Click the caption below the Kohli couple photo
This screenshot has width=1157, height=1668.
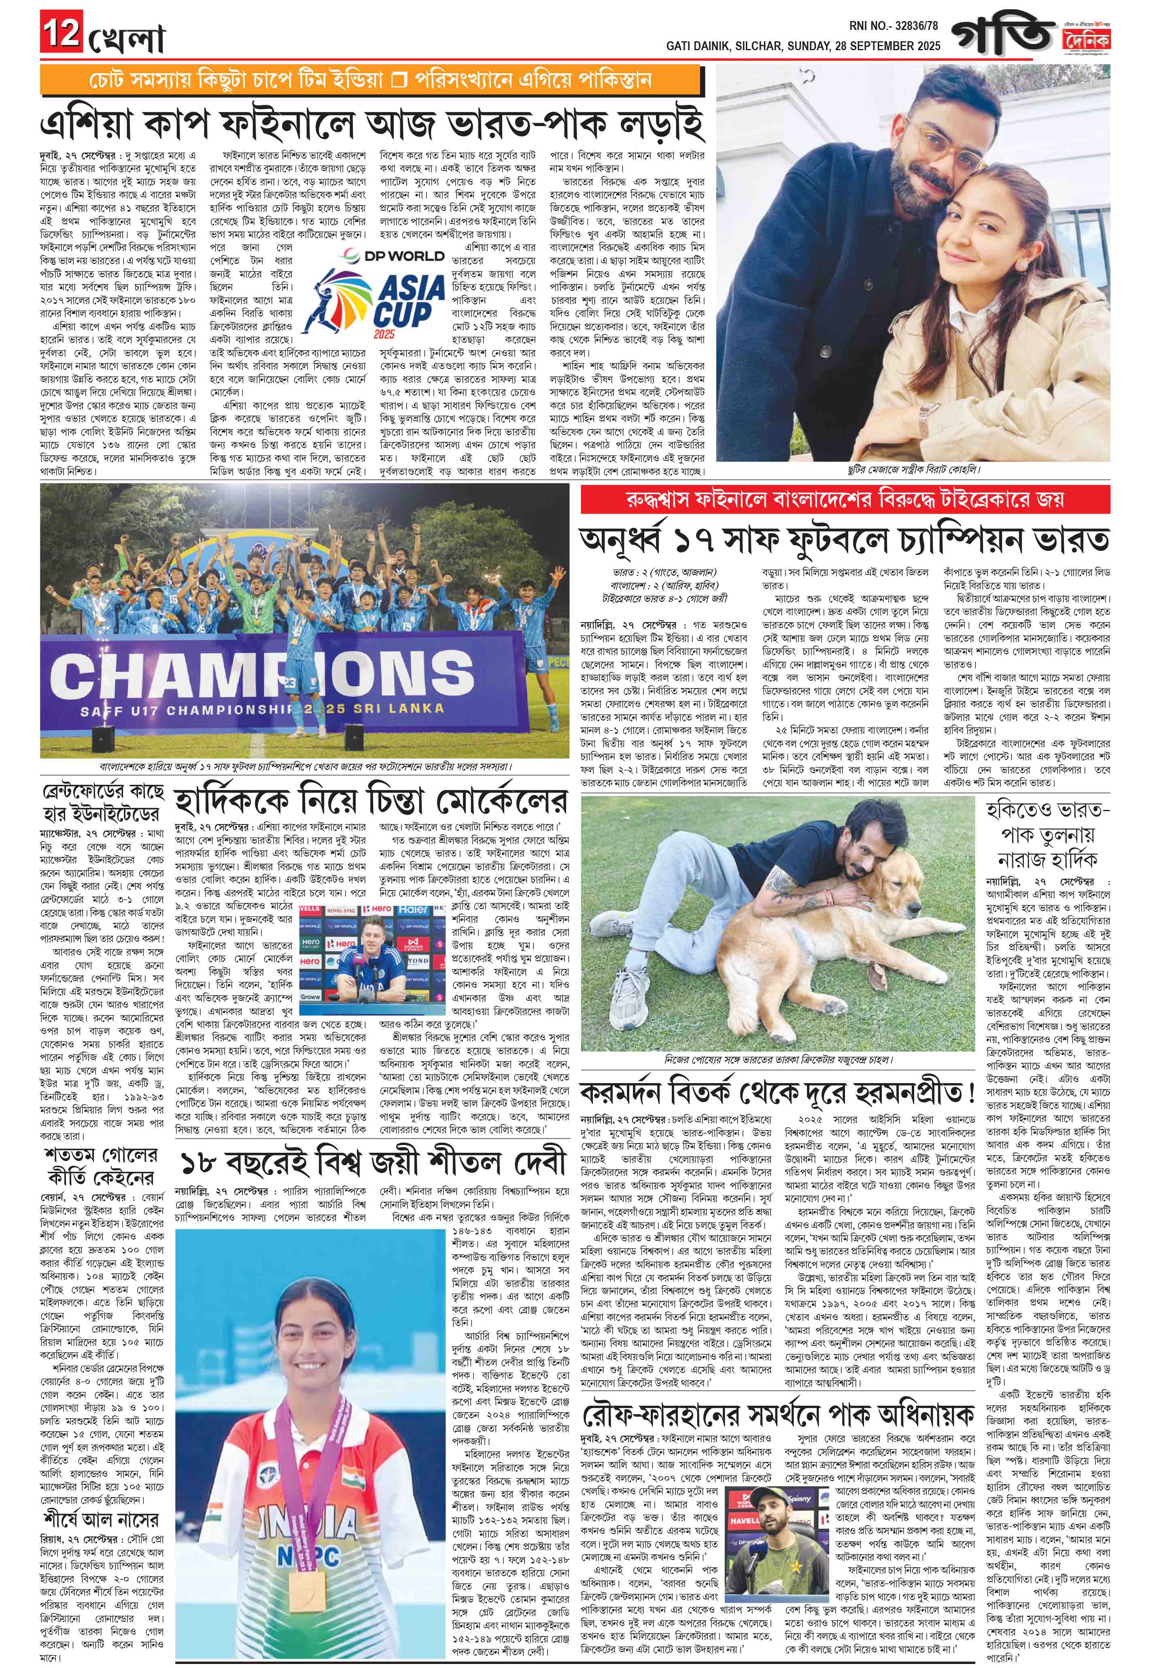[913, 470]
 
